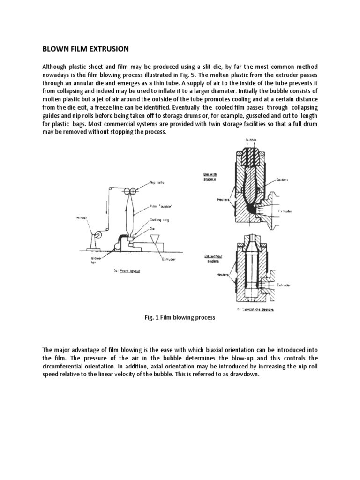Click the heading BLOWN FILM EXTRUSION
coord(85,49)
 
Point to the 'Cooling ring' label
coord(159,219)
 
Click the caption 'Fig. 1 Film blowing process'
coord(180,317)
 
